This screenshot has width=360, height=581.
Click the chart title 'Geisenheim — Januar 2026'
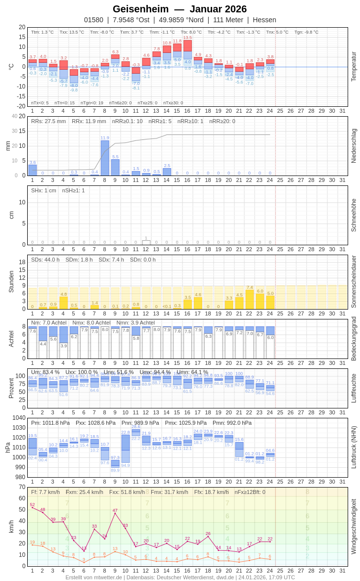(180, 9)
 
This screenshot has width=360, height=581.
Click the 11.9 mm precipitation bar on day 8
(105, 158)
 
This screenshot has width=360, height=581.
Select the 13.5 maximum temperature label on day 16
(187, 38)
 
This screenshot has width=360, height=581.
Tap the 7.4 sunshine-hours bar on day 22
(250, 300)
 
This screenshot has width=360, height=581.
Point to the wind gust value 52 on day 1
(32, 504)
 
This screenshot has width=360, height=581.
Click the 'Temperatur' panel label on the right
(354, 67)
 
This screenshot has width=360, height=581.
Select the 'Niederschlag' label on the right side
(354, 146)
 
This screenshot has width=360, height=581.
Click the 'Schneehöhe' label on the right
(354, 215)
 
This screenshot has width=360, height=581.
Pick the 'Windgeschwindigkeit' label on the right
(354, 526)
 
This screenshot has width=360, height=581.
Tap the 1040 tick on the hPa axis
(19, 418)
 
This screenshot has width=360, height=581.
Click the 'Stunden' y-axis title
(11, 281)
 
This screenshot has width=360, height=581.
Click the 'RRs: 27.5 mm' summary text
(48, 121)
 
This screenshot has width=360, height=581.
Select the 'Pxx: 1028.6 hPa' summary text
(95, 423)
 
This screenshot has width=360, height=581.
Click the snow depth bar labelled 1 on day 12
(146, 242)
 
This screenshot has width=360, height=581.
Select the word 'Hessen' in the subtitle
(265, 20)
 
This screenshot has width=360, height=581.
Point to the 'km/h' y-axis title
(11, 526)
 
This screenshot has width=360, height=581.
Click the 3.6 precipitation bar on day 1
(32, 170)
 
